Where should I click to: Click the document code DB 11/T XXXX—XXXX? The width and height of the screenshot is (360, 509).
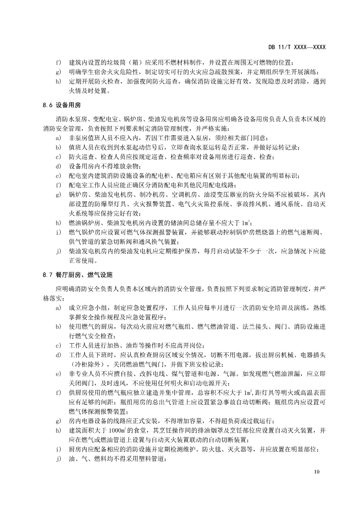point(297,47)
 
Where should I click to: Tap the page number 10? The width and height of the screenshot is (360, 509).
point(316,472)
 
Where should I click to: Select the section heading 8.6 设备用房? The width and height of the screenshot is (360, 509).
point(62,105)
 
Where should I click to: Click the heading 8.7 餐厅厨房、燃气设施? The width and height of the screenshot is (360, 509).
point(78,275)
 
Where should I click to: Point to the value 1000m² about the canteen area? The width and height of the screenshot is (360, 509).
point(118,431)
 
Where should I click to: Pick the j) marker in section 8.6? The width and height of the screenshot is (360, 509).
point(59,251)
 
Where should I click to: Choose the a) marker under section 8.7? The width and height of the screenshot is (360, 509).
point(59,308)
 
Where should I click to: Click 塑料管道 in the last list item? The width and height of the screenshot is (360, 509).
point(152,459)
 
